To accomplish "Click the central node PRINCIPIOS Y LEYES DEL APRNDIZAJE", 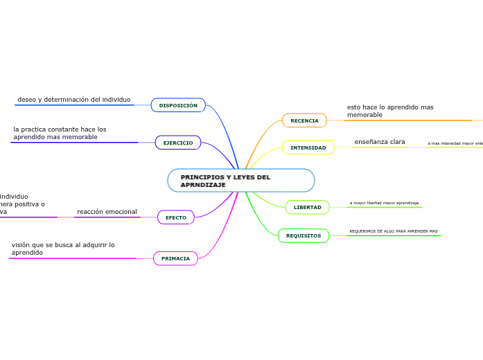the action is tap(240, 181).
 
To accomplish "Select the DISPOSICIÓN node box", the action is tap(178, 105).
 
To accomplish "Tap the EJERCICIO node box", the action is tap(178, 143).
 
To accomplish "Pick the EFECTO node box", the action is tap(176, 217).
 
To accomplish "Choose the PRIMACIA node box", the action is tap(175, 258).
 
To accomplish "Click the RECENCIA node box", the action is tap(304, 120).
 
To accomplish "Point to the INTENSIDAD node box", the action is tap(308, 147).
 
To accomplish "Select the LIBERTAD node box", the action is tap(307, 207).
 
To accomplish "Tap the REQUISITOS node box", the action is tap(304, 235).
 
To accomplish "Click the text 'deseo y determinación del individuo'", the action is tap(73, 100).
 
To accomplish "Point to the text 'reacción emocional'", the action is tap(107, 212).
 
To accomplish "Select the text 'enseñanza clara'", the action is tap(379, 142).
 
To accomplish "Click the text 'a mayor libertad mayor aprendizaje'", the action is tap(384, 203).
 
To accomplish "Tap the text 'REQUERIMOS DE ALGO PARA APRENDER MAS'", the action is tap(393, 231).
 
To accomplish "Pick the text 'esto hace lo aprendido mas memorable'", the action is tap(390, 111).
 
